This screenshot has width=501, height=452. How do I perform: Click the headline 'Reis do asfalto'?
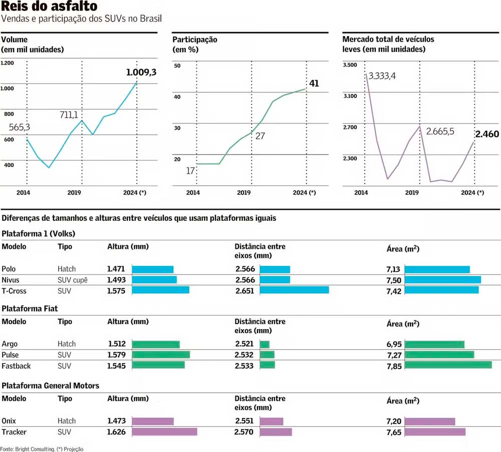tap(49, 7)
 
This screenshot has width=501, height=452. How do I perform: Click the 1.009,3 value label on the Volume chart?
tap(141, 73)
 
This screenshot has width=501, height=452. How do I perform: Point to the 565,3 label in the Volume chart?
tap(20, 127)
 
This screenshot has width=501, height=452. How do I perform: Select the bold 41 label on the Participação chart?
tap(314, 83)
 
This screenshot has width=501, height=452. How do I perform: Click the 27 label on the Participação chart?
tap(260, 136)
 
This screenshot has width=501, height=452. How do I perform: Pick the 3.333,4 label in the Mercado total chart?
tap(382, 76)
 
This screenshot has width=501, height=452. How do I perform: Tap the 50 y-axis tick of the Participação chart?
tap(177, 66)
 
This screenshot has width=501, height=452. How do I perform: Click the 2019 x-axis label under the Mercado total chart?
tap(412, 193)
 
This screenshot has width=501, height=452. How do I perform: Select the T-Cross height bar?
tap(160, 290)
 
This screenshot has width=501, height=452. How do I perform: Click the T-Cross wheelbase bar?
tap(294, 290)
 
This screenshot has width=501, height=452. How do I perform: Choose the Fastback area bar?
tap(448, 365)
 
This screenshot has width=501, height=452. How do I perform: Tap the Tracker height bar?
tap(164, 432)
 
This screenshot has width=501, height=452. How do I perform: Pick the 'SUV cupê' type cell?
tap(73, 280)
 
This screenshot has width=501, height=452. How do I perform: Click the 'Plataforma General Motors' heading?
tap(51, 386)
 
